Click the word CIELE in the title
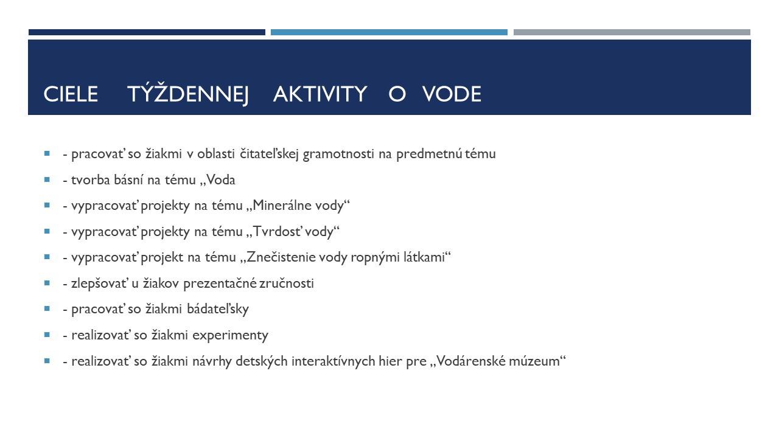71,94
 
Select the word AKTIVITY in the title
320,94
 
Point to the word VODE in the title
452,94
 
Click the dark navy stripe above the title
147,32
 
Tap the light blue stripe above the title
389,32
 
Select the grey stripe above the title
632,32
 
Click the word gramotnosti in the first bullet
338,154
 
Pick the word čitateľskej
269,154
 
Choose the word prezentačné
220,283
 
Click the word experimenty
230,335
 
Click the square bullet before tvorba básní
47,179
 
